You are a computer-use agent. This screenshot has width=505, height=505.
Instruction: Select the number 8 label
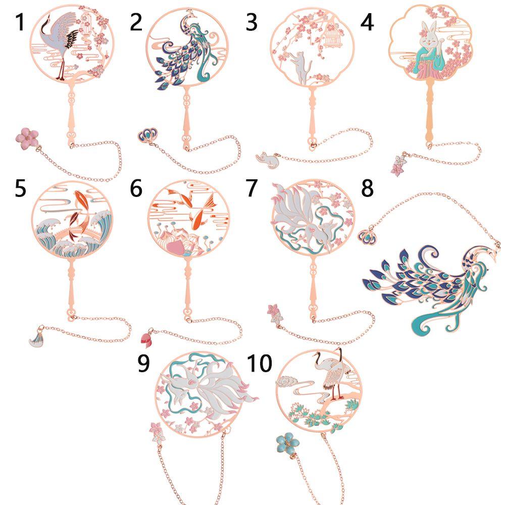pyautogui.click(x=367, y=188)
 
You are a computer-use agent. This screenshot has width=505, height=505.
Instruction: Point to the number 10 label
pyautogui.click(x=260, y=363)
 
